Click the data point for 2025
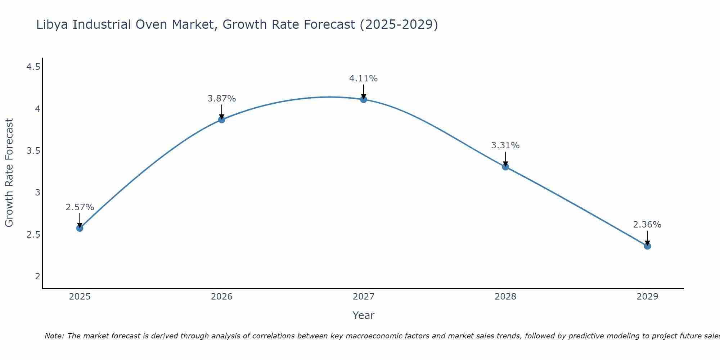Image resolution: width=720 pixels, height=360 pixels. pyautogui.click(x=80, y=228)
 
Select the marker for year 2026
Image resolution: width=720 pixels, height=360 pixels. pyautogui.click(x=222, y=120)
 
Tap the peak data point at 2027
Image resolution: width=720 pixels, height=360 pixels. pyautogui.click(x=364, y=99)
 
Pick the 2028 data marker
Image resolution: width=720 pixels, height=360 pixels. pyautogui.click(x=505, y=167)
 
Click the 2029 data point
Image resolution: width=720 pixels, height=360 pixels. pyautogui.click(x=647, y=246)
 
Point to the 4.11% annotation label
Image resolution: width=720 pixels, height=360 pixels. pyautogui.click(x=364, y=78)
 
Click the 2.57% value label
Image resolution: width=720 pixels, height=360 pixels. pyautogui.click(x=80, y=207)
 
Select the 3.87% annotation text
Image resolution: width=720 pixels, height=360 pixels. pyautogui.click(x=222, y=99)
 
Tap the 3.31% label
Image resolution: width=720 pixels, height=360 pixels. pyautogui.click(x=505, y=145)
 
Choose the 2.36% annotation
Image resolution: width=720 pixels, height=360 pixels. pyautogui.click(x=647, y=225)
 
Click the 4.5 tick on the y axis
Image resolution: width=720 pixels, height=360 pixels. pyautogui.click(x=33, y=67)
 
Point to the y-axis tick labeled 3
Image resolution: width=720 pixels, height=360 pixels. pyautogui.click(x=37, y=193)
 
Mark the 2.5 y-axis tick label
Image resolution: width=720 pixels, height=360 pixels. pyautogui.click(x=33, y=235)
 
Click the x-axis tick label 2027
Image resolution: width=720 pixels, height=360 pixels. pyautogui.click(x=364, y=297)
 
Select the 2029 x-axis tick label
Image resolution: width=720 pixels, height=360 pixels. pyautogui.click(x=647, y=297)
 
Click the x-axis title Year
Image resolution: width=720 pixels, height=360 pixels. pyautogui.click(x=364, y=315)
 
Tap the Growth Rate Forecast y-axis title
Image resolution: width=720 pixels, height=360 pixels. pyautogui.click(x=9, y=173)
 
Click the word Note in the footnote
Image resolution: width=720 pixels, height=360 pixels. pyautogui.click(x=54, y=336)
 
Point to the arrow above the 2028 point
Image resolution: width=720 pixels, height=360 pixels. pyautogui.click(x=505, y=158)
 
